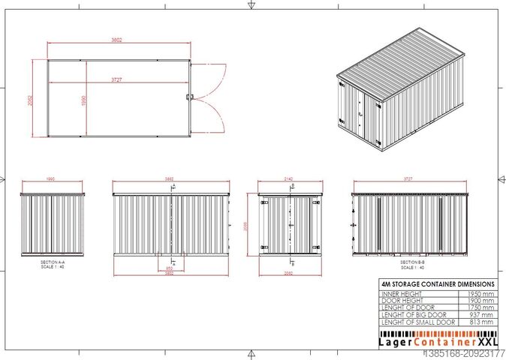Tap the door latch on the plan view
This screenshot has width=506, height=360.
pyautogui.click(x=191, y=97)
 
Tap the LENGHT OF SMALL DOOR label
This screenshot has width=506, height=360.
pyautogui.click(x=417, y=322)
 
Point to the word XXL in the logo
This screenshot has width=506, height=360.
pyautogui.click(x=482, y=341)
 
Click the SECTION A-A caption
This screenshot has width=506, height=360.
pyautogui.click(x=53, y=264)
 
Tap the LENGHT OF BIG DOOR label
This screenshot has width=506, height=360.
pyautogui.click(x=413, y=315)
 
